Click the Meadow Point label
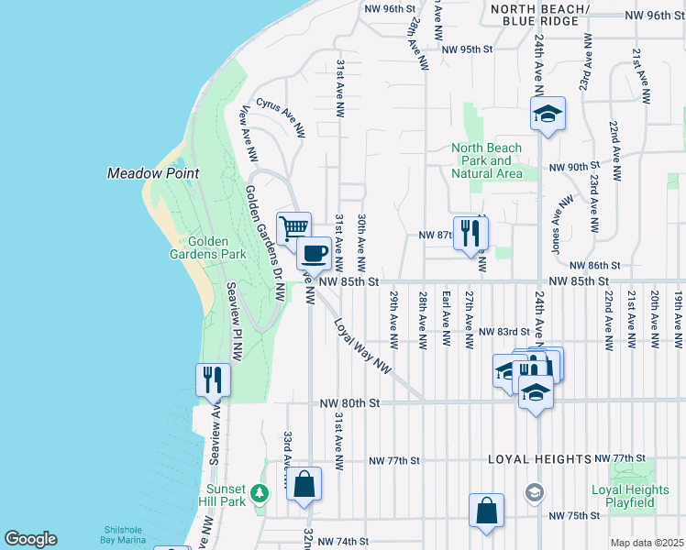pos(153,173)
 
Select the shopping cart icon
pos(293,227)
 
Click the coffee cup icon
pos(314,251)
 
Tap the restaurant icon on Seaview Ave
pos(213,379)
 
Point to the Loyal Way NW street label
pos(363,346)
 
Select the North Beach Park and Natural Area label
pos(487,160)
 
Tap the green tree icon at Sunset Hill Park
pos(260,494)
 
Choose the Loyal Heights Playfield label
pos(624,497)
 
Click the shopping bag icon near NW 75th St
pos(486,510)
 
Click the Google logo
pos(30,539)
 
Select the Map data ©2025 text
pos(647,543)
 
